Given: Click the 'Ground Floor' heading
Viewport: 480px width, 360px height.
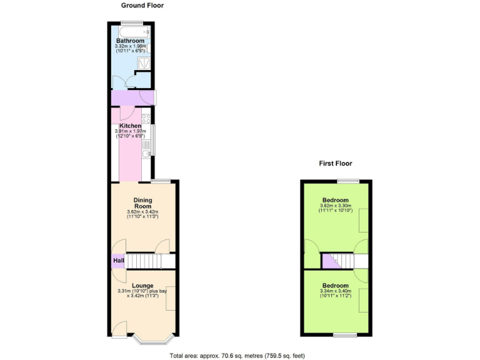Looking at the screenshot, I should point(142,6).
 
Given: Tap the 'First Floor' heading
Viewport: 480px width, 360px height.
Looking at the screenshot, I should point(336,164).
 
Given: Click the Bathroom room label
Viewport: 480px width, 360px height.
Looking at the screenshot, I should point(130,41).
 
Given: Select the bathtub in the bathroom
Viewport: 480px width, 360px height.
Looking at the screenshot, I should point(132,30).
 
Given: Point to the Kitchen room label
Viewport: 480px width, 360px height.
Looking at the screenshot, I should point(130,126).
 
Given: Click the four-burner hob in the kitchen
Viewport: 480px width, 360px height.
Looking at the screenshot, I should point(146,117).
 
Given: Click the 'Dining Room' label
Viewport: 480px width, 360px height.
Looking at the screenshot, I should point(142,203).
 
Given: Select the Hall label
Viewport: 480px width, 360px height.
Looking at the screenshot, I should point(118,261).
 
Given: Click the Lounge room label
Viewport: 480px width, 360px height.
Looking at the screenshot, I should point(142,286).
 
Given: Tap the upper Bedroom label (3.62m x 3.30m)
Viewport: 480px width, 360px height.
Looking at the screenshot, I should point(336,200).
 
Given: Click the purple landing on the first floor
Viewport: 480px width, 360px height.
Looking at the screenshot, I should point(329,263).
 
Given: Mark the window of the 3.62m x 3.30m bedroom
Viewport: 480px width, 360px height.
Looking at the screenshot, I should point(349,181).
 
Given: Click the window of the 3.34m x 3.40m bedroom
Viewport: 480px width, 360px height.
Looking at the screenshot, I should point(344,336).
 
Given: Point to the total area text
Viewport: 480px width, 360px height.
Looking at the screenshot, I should point(237,356).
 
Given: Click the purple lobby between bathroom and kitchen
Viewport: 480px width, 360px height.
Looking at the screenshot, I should point(129,98).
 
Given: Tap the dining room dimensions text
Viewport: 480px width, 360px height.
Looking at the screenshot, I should point(142,214).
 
